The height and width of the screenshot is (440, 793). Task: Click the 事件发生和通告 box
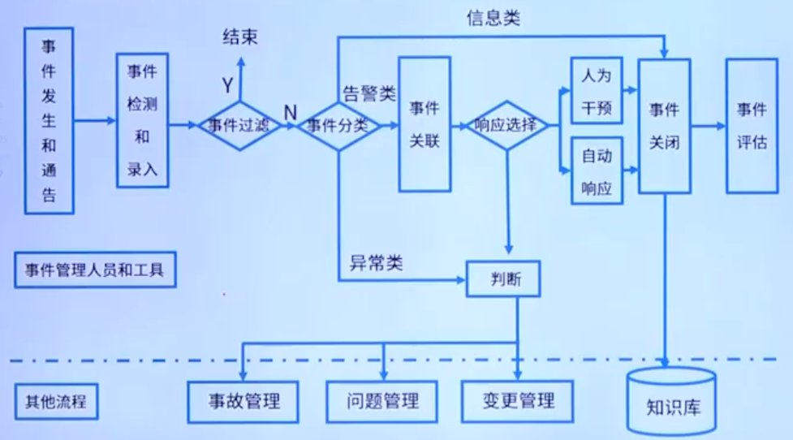click(49, 120)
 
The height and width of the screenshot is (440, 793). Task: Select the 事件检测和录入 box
click(142, 121)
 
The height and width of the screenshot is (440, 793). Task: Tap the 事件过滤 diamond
click(240, 126)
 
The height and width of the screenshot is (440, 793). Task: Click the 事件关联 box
click(425, 123)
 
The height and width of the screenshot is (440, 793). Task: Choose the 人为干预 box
click(597, 90)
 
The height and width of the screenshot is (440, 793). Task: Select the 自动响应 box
click(597, 171)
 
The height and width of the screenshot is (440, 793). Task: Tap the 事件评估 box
click(751, 126)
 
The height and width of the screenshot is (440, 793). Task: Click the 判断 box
click(503, 279)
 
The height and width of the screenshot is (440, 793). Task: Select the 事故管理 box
click(242, 401)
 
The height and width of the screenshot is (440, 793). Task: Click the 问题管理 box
click(382, 400)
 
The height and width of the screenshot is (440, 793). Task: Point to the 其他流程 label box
click(56, 401)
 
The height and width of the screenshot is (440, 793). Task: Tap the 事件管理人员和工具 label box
click(95, 270)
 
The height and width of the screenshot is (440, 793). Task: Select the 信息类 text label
click(493, 18)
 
